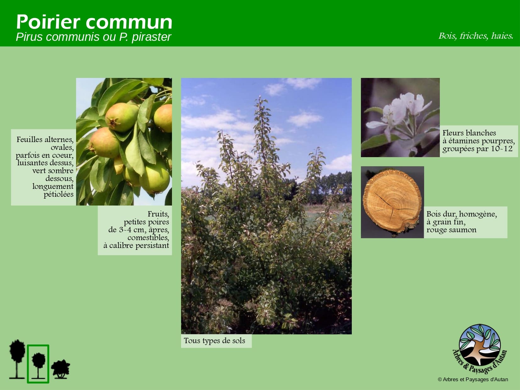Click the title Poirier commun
(x=94, y=22)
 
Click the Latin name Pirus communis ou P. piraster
(x=93, y=37)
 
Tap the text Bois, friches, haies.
(x=476, y=36)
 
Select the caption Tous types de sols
(x=214, y=341)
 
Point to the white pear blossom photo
(x=400, y=118)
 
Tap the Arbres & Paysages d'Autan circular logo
(x=479, y=348)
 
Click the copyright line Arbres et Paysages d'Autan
(x=473, y=379)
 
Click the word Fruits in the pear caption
(x=158, y=214)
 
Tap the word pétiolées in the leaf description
(x=58, y=195)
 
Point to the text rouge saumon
(x=451, y=230)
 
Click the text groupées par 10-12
(x=477, y=149)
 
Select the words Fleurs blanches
(x=469, y=133)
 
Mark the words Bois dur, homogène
(x=462, y=214)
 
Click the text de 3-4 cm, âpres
(x=139, y=230)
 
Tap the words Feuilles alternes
(x=45, y=140)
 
